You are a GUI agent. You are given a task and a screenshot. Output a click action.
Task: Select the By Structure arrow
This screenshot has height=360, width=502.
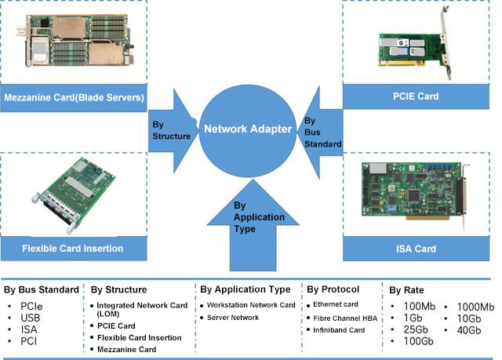point(174,130)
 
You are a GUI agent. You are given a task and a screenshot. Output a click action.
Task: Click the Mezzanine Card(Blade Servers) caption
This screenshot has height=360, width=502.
point(74,98)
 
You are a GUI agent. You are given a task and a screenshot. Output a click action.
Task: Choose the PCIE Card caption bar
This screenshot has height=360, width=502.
point(416,96)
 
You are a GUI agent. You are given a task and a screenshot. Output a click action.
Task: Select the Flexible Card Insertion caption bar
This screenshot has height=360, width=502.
point(74,249)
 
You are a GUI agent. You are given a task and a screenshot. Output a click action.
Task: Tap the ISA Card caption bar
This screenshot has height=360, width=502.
point(416,249)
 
